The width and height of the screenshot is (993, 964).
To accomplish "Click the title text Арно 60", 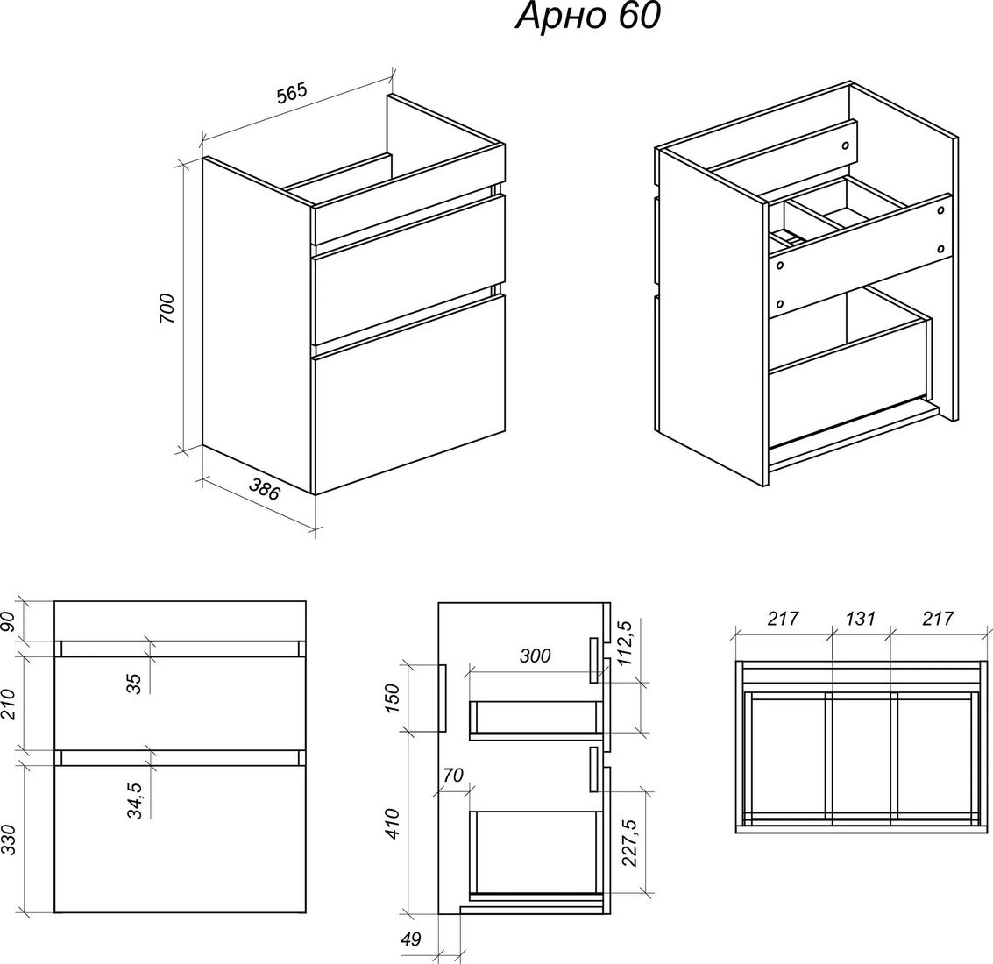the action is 588,17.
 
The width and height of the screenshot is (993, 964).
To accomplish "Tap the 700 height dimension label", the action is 167,308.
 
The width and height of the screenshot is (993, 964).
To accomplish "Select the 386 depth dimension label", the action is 264,489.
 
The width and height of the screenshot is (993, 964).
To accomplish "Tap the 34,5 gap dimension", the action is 135,799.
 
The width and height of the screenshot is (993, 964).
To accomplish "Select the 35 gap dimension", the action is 135,683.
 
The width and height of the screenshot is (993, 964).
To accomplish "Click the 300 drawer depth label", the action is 536,656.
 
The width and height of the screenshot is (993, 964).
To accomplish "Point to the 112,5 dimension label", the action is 625,642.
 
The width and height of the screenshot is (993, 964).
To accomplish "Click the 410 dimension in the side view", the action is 393,824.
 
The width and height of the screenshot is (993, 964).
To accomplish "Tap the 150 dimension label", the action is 393,698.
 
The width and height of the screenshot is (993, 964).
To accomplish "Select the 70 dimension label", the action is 453,775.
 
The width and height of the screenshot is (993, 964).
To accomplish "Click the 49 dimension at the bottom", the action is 411,939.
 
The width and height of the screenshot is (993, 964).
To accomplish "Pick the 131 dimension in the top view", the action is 860,618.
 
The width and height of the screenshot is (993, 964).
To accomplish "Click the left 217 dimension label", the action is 784,618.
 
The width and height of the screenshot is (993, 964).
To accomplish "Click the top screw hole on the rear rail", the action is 845,145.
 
